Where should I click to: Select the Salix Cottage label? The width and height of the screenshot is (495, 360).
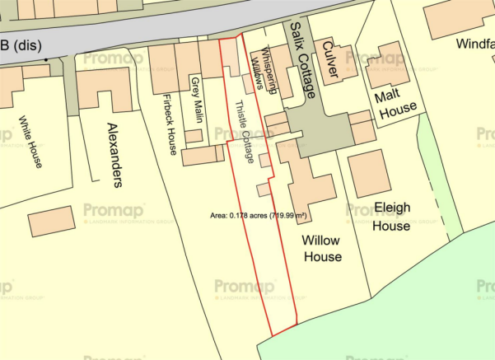click(301, 61)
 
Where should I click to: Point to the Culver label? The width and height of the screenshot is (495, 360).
click(332, 62)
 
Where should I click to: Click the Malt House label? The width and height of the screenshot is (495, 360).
click(396, 101)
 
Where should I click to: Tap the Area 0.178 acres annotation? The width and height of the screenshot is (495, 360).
click(258, 215)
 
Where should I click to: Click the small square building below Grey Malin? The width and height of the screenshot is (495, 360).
click(194, 136)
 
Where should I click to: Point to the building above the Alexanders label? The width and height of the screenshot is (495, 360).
click(104, 91)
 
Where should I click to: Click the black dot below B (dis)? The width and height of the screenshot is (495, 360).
click(46, 59)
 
